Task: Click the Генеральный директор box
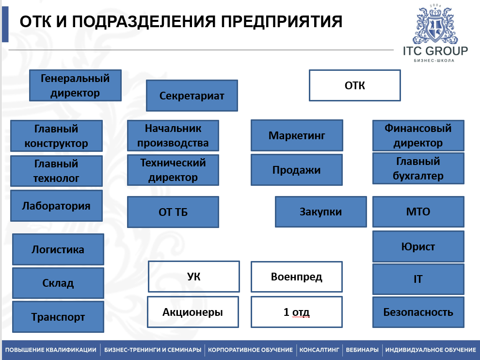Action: coord(75,85)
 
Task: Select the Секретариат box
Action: coord(192,96)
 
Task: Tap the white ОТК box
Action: coord(355,85)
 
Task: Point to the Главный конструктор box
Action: coord(56,136)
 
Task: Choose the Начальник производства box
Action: coord(173,135)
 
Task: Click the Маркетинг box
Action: coord(297,135)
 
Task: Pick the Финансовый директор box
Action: coord(418,135)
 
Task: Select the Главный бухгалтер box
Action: coord(418,168)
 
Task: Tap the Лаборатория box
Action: coord(56,206)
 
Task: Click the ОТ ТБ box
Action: coord(173,212)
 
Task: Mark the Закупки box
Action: coord(320,212)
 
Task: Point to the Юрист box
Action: coord(418,246)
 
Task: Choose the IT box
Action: coord(418,279)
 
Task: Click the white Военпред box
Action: coord(297,277)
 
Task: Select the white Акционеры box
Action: coord(193,312)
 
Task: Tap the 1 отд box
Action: coord(297,312)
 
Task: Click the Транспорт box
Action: coord(58,317)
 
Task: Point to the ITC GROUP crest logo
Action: coord(435,27)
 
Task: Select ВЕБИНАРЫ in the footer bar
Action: coord(362,350)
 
